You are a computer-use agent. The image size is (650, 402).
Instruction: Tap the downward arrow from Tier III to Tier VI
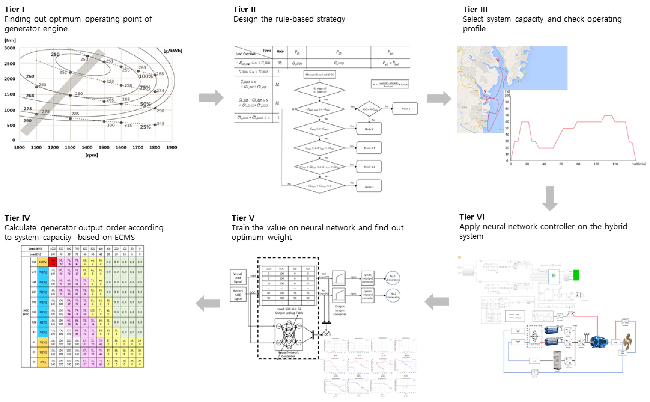pyautogui.click(x=550, y=198)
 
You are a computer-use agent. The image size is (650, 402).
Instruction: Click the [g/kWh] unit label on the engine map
pyautogui.click(x=173, y=50)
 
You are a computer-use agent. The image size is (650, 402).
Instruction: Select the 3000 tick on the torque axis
pyautogui.click(x=10, y=48)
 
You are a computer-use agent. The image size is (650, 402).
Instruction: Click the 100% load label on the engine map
pyautogui.click(x=146, y=76)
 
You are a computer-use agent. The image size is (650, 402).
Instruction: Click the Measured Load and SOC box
pyautogui.click(x=319, y=75)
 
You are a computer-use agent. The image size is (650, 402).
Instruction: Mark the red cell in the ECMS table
pyautogui.click(x=53, y=262)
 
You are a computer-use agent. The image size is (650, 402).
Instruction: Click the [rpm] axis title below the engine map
pyautogui.click(x=91, y=155)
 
